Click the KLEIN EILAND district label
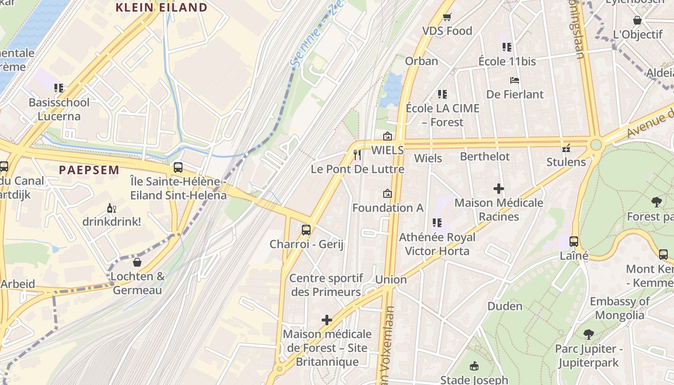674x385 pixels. pyautogui.click(x=161, y=7)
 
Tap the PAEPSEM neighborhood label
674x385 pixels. pyautogui.click(x=89, y=170)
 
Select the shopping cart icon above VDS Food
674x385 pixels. pyautogui.click(x=447, y=17)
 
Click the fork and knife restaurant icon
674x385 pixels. pyautogui.click(x=357, y=154)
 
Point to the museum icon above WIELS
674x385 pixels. pyautogui.click(x=387, y=136)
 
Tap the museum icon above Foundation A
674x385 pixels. pyautogui.click(x=387, y=194)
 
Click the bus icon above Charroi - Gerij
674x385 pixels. pyautogui.click(x=306, y=230)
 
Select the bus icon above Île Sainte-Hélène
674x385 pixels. pyautogui.click(x=178, y=167)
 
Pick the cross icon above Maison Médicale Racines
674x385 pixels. pyautogui.click(x=499, y=189)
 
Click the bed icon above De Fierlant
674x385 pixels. pyautogui.click(x=515, y=80)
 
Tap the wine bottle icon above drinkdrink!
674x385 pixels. pyautogui.click(x=111, y=208)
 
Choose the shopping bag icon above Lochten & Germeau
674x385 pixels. pyautogui.click(x=137, y=262)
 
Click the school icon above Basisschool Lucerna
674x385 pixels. pyautogui.click(x=59, y=88)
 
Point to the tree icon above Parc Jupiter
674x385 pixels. pyautogui.click(x=588, y=334)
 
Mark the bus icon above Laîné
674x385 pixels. pyautogui.click(x=574, y=242)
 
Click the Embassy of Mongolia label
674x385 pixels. pyautogui.click(x=620, y=308)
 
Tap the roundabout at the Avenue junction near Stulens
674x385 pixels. pyautogui.click(x=596, y=144)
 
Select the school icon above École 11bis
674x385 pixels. pyautogui.click(x=506, y=47)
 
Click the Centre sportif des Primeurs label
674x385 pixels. pyautogui.click(x=326, y=285)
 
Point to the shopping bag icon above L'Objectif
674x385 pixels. pyautogui.click(x=637, y=20)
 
